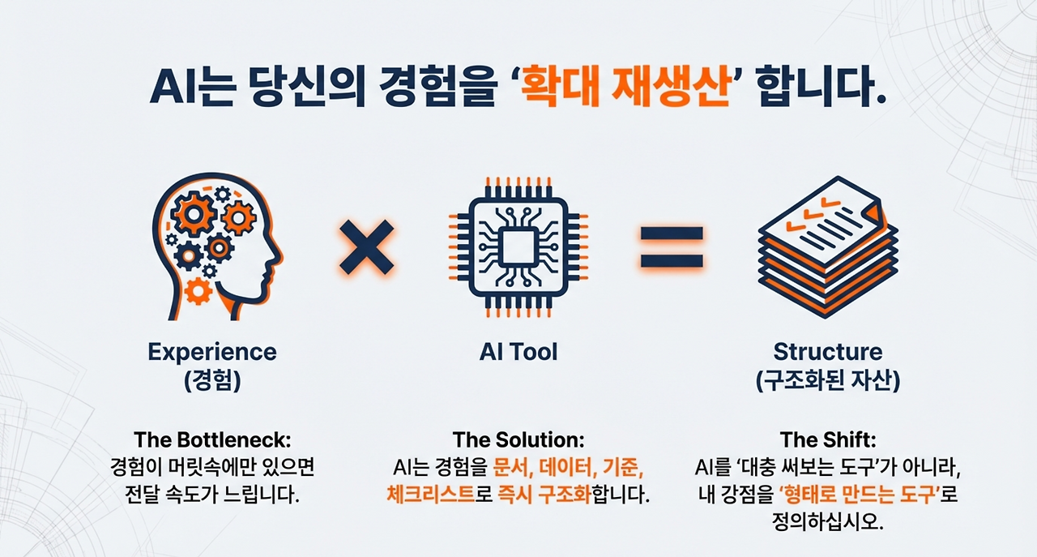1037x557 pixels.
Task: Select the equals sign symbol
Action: click(672, 247)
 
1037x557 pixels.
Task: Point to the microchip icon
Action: click(518, 247)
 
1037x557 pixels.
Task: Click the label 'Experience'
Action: click(212, 353)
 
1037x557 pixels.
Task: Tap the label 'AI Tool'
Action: click(518, 352)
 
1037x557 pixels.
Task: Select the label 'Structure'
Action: click(827, 353)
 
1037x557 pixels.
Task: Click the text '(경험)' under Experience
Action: click(212, 381)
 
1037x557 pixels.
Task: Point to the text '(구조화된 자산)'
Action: click(827, 381)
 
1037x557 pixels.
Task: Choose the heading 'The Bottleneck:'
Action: click(212, 440)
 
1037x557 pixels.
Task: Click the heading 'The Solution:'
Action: click(518, 440)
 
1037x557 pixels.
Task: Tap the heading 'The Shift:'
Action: click(827, 440)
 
